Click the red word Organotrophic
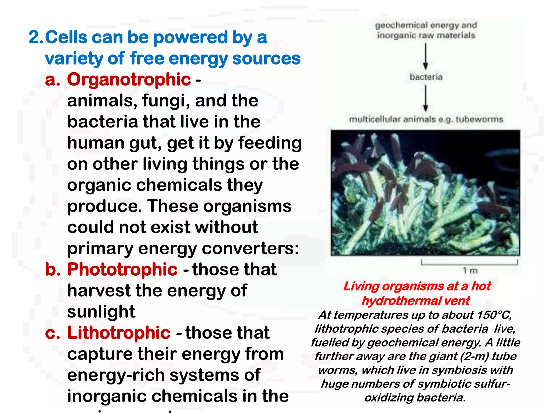(129, 80)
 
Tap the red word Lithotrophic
(118, 333)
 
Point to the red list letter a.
(52, 80)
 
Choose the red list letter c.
(52, 333)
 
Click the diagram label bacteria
(426, 77)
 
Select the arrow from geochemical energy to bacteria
(425, 56)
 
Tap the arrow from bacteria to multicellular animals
(425, 98)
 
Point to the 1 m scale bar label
(470, 270)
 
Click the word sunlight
(101, 312)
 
